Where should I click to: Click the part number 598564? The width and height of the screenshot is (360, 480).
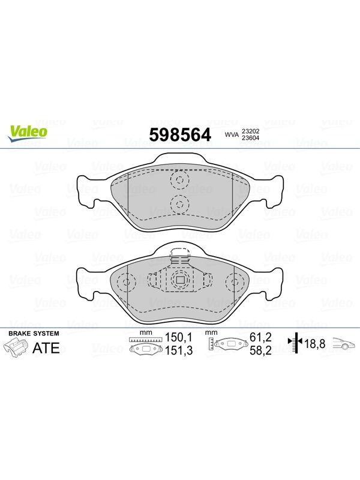pyautogui.click(x=180, y=134)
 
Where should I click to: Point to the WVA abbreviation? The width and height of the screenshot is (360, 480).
pyautogui.click(x=232, y=134)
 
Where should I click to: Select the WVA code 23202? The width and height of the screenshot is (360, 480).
pyautogui.click(x=250, y=131)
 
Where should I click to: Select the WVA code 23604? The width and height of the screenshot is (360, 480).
pyautogui.click(x=250, y=138)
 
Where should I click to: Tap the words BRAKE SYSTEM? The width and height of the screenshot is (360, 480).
pyautogui.click(x=34, y=334)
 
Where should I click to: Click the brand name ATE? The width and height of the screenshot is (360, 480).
pyautogui.click(x=46, y=348)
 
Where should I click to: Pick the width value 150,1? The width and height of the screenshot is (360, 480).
pyautogui.click(x=179, y=337)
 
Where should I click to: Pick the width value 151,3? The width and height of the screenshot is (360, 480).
pyautogui.click(x=179, y=350)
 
